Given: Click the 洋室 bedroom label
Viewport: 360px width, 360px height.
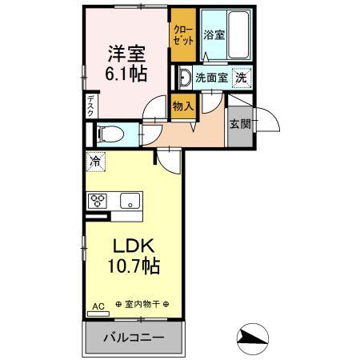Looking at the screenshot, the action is click(126, 54).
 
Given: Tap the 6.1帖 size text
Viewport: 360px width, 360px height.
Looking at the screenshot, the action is click(126, 74).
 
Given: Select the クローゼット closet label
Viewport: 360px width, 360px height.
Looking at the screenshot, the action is click(183, 34).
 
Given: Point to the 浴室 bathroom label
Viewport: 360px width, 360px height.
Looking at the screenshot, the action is click(214, 34).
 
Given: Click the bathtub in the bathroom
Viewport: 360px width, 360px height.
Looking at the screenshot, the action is click(238, 34).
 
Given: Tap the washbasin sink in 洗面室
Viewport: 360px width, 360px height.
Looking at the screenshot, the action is click(184, 78).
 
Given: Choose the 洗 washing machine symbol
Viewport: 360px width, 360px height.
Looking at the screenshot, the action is click(242, 78).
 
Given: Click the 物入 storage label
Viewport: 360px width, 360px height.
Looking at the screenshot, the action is click(183, 106).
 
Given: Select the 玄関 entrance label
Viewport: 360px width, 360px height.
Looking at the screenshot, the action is click(240, 124).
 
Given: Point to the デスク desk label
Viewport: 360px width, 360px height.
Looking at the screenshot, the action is click(90, 106).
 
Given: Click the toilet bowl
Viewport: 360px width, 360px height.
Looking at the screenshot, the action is click(110, 133).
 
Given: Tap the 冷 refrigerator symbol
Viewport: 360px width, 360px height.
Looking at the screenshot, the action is click(96, 162).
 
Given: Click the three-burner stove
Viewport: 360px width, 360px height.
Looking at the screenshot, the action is click(98, 201).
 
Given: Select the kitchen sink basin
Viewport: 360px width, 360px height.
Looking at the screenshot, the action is click(130, 201).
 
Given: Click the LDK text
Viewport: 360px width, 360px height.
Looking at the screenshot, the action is click(134, 246).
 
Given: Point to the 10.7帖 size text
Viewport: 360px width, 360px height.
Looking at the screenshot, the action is click(134, 266).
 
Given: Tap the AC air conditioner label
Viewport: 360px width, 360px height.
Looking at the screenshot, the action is click(98, 306).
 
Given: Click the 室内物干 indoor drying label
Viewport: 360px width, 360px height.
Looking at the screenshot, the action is click(142, 304).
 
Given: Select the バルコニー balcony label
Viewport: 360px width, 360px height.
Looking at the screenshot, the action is click(134, 338).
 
